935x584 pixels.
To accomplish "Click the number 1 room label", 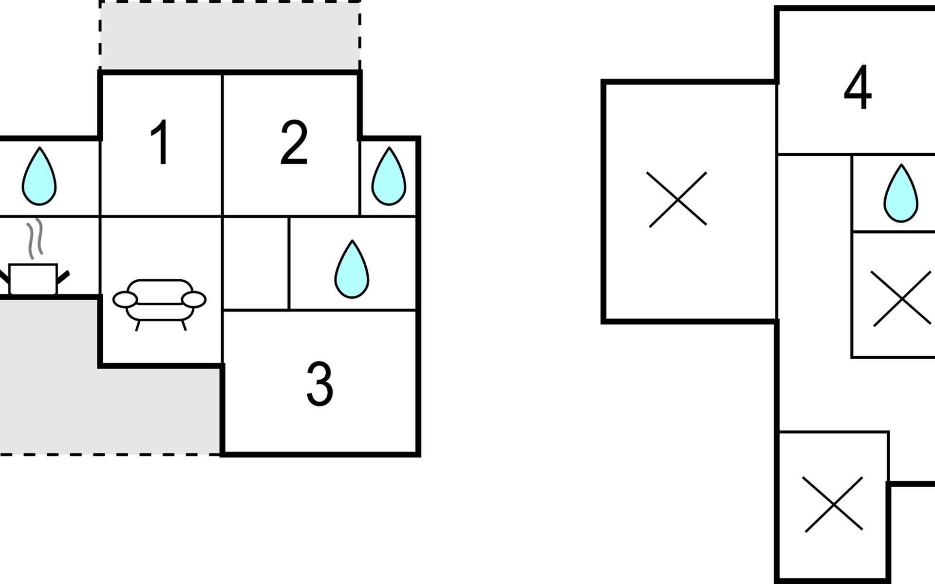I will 161,143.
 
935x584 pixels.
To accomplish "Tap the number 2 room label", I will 294,143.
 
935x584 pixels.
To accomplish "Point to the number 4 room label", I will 858,88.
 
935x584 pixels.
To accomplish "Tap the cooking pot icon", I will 33,279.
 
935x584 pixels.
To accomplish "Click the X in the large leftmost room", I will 677,200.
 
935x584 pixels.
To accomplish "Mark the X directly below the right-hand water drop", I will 902,298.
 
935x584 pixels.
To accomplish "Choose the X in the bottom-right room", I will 833,504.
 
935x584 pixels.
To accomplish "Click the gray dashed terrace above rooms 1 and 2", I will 230,35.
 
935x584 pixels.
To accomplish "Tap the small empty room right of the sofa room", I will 256,263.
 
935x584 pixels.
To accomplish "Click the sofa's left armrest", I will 125,300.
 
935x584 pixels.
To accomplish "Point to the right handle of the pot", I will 64,277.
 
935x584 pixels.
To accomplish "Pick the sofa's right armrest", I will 194,300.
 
